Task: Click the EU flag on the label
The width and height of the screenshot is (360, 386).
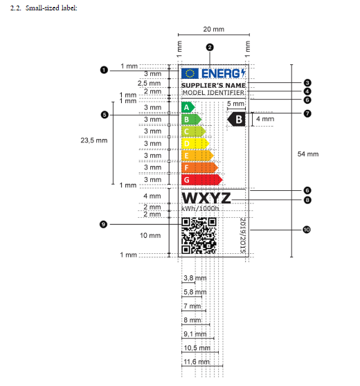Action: click(x=190, y=73)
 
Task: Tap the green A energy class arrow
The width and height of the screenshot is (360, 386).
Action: click(x=188, y=107)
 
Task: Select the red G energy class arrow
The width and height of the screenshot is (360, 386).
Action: click(x=201, y=180)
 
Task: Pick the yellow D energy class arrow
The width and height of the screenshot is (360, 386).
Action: click(x=195, y=143)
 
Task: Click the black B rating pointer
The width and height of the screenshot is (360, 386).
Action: click(x=236, y=120)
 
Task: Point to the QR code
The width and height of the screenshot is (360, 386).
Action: click(x=199, y=236)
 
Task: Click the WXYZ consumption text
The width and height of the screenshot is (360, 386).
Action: click(x=206, y=198)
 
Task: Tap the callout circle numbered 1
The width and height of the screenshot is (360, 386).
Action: click(x=104, y=70)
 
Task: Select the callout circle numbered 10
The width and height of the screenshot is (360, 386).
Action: click(x=307, y=230)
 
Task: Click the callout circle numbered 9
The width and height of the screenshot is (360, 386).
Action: click(x=103, y=224)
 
